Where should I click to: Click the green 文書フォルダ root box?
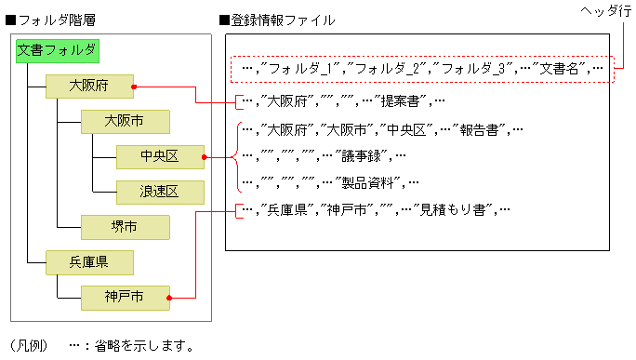coord(57,51)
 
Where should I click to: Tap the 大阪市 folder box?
coord(124,122)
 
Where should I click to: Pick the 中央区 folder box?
coord(159,156)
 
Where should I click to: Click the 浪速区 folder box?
coord(159,192)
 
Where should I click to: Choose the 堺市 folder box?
coord(124,226)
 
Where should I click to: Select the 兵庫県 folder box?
coord(89,262)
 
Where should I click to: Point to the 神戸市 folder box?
coord(124,298)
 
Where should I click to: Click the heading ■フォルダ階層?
coord(47,20)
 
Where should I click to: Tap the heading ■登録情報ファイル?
coord(277,20)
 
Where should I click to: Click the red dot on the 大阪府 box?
coord(135,87)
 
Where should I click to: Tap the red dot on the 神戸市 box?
coord(169,298)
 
